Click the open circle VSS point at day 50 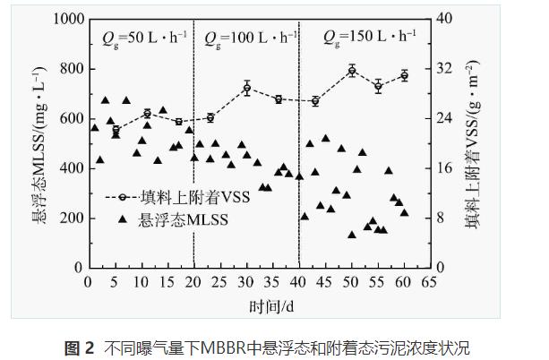pos(352,70)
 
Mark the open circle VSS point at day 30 pos(246,88)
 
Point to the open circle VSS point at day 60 pos(404,75)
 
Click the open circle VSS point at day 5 pos(116,130)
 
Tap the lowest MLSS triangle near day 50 pos(352,235)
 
